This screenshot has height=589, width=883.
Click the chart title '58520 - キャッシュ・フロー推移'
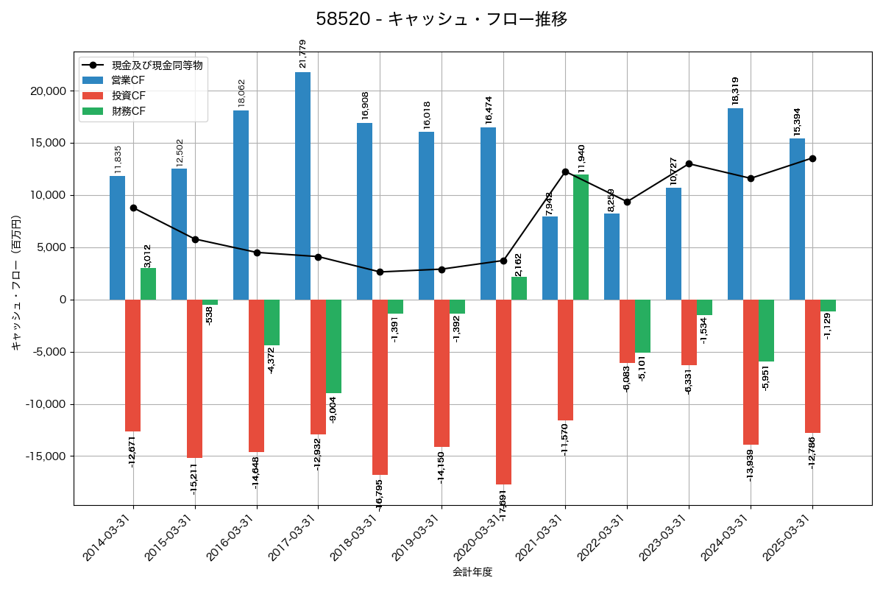441,19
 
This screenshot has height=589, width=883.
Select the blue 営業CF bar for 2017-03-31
302,186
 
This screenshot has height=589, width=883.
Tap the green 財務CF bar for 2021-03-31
581,237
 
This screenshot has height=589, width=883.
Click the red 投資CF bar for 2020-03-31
503,392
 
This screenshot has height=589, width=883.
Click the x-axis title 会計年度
472,572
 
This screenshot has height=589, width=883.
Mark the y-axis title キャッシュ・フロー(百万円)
16,283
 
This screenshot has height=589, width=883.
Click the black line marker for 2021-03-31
565,172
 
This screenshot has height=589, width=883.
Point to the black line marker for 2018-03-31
380,272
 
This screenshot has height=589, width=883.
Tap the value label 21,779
302,54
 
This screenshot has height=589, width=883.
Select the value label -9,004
333,409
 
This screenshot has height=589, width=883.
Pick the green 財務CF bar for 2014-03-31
148,283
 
